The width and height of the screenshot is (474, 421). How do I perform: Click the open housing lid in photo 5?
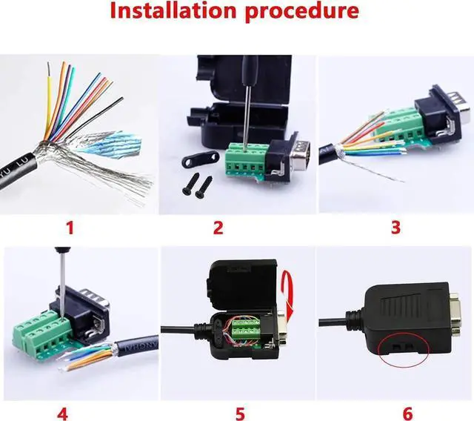(x=244, y=282)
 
